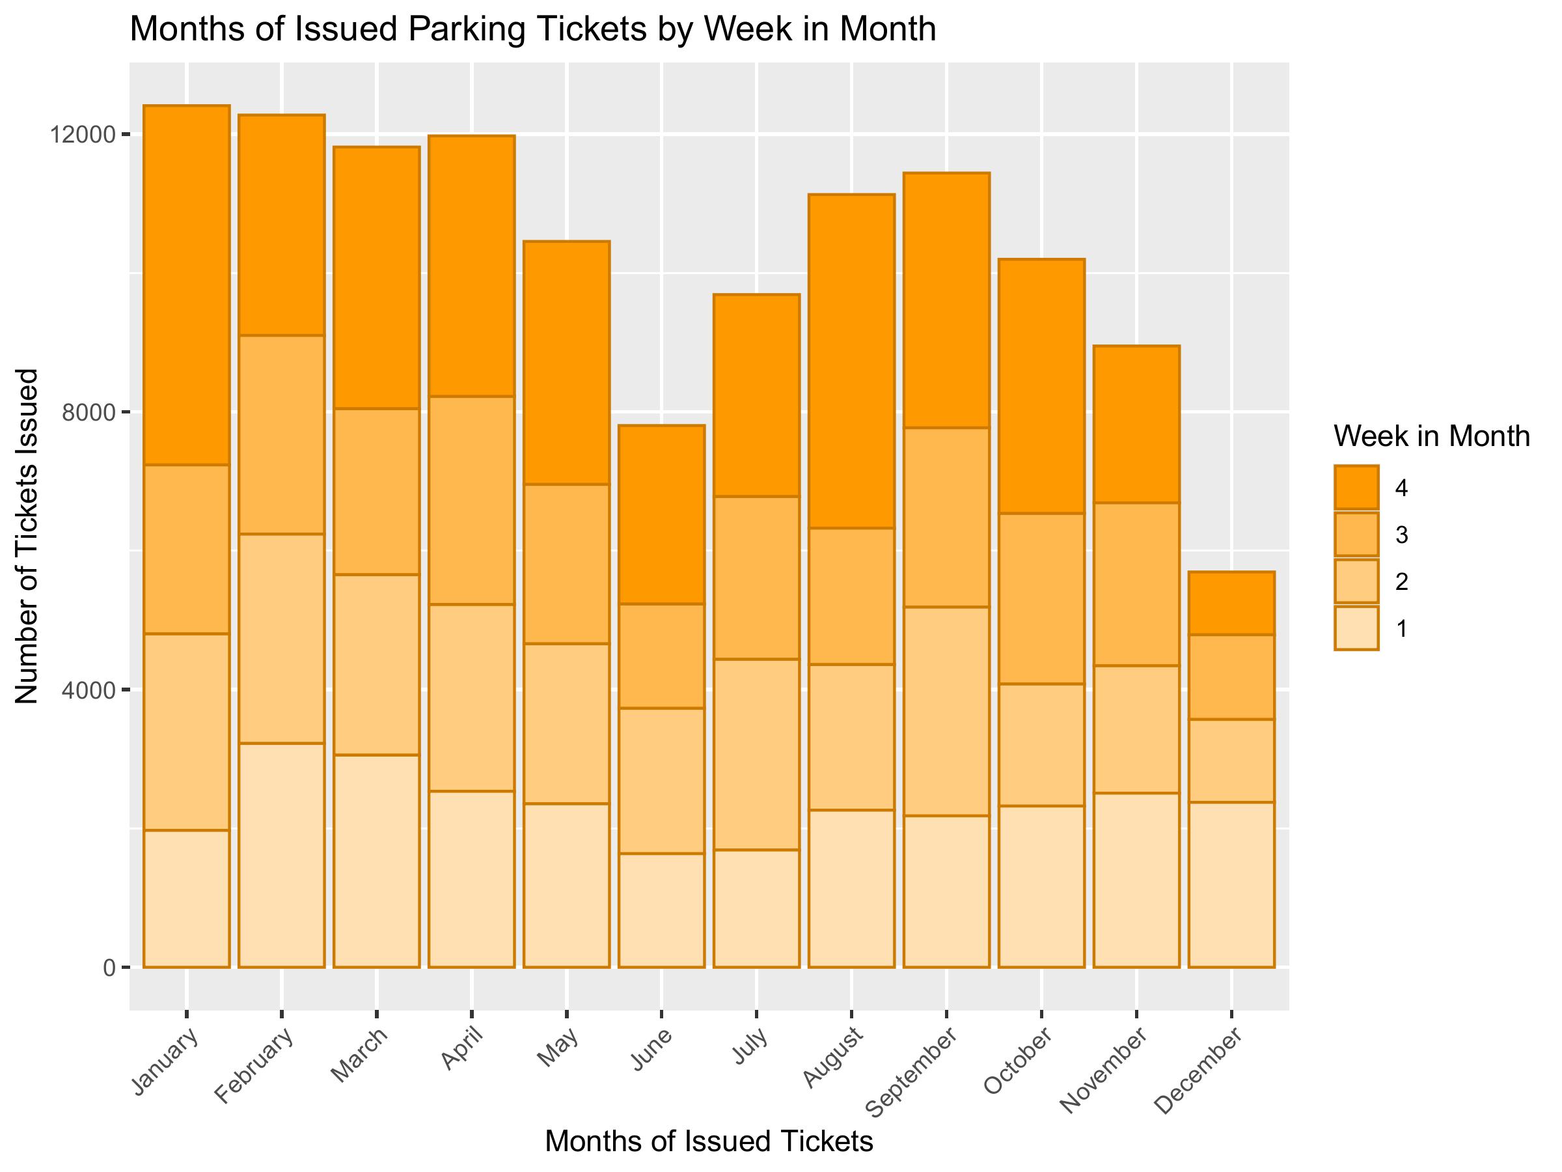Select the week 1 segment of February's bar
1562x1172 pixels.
pos(281,855)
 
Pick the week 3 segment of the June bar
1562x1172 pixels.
pos(661,656)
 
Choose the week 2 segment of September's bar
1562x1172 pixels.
pos(946,711)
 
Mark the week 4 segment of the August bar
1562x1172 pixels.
pos(851,360)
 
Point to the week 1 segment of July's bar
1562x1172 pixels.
pos(756,908)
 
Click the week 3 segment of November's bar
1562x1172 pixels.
pos(1136,583)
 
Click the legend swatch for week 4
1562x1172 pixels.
pos(1356,488)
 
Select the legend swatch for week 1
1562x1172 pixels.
pos(1356,628)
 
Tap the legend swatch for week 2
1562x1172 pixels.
pos(1356,581)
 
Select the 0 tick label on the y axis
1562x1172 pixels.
pos(109,967)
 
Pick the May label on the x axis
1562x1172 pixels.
pos(558,1048)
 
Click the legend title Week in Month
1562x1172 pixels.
pos(1431,437)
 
